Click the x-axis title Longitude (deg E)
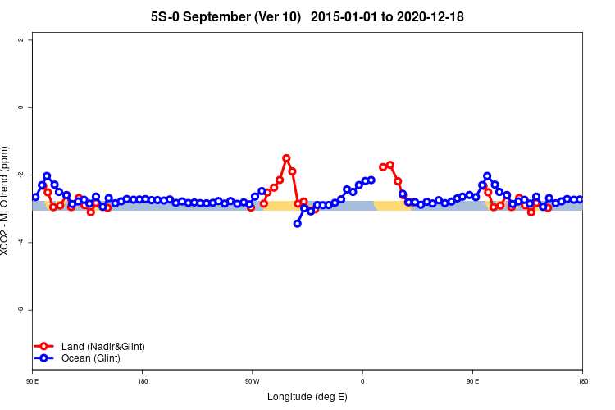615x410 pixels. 307,397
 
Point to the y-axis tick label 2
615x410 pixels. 30,40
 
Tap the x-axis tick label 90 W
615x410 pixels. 252,381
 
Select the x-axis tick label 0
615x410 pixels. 362,381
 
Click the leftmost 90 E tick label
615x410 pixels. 32,381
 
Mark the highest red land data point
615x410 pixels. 286,158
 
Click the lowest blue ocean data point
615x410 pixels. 297,223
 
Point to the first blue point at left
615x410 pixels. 35,197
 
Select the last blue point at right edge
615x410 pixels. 580,199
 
